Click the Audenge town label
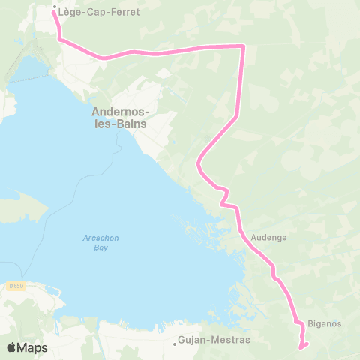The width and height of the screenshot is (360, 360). pos(269,235)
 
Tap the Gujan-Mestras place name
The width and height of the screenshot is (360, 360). pos(215,340)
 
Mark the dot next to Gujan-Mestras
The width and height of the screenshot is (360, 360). pos(175,345)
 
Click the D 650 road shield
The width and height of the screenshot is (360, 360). pos(17,286)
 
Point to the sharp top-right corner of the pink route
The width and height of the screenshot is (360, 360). pos(244,46)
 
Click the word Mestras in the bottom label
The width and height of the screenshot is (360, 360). pos(232,340)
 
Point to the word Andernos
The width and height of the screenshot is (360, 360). pos(120,112)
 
